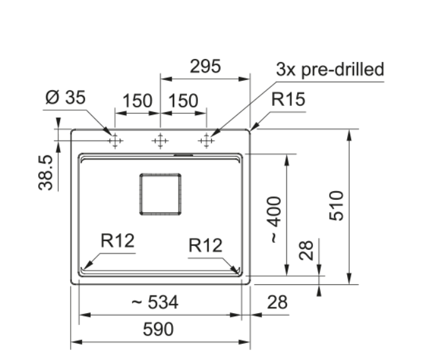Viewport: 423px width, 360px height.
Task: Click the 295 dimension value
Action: pos(206,66)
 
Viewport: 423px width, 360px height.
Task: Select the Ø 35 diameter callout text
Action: pos(66,97)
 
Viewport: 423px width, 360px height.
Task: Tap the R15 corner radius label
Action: pos(288,99)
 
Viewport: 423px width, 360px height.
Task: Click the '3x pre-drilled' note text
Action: pos(330,69)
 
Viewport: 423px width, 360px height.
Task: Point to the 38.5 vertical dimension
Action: pos(45,173)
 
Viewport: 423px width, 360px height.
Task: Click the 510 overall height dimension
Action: pos(337,205)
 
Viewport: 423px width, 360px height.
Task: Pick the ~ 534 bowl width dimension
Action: pos(155,302)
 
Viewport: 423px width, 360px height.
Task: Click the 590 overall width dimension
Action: pos(158,329)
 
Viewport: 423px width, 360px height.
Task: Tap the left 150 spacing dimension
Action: pos(137,101)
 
